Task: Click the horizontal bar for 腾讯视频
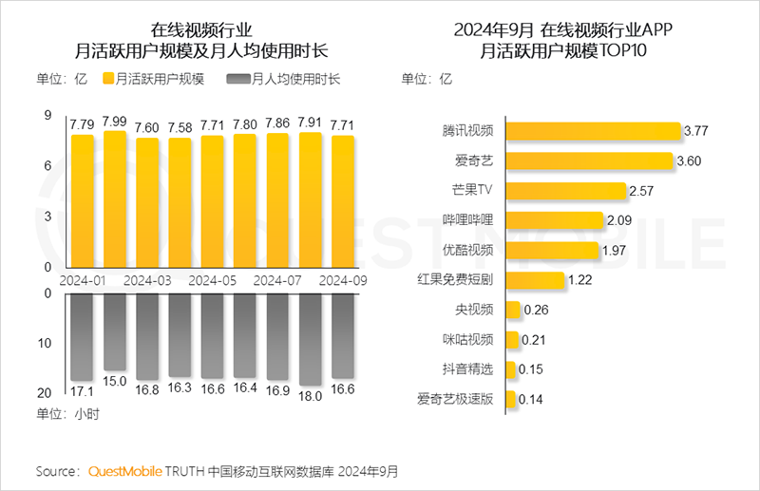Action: (593, 132)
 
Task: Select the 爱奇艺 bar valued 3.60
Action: (588, 161)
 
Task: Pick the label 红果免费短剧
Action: (456, 280)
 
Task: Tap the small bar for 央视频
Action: (513, 310)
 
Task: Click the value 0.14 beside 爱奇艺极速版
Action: (531, 400)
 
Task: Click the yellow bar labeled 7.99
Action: (115, 199)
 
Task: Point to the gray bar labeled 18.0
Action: (311, 339)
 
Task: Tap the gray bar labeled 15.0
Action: (115, 331)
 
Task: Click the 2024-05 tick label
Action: (212, 281)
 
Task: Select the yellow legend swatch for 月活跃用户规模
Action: (107, 79)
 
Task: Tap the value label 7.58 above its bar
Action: (180, 127)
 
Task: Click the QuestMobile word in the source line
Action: (125, 471)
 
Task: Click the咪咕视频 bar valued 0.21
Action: (513, 340)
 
